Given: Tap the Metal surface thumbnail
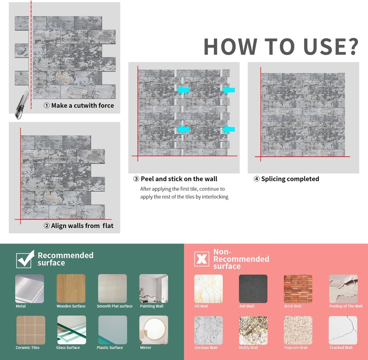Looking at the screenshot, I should click(x=29, y=289).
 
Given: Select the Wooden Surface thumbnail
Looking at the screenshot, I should click(x=71, y=289).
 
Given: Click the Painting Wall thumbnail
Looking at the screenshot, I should click(x=153, y=289).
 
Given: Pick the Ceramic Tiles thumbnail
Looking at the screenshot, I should click(x=31, y=330).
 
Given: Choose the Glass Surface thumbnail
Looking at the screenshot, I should click(x=72, y=330).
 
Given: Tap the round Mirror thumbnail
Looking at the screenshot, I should click(x=153, y=330).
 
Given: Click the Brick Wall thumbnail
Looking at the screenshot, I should click(x=298, y=289).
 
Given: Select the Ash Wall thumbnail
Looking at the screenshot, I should click(x=253, y=289).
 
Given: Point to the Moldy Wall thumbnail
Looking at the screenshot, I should click(x=253, y=330).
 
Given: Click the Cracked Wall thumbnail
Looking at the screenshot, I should click(x=343, y=330).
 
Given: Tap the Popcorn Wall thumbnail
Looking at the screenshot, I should click(x=298, y=330).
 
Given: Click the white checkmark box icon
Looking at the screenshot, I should click(x=25, y=259).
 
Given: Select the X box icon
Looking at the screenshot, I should click(x=202, y=259).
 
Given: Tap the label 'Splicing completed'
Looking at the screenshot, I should click(x=290, y=179).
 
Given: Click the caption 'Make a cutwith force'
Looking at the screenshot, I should click(x=82, y=106).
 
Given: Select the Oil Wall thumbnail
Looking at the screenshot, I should click(x=208, y=289).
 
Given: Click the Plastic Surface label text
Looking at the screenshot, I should click(x=110, y=348).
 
